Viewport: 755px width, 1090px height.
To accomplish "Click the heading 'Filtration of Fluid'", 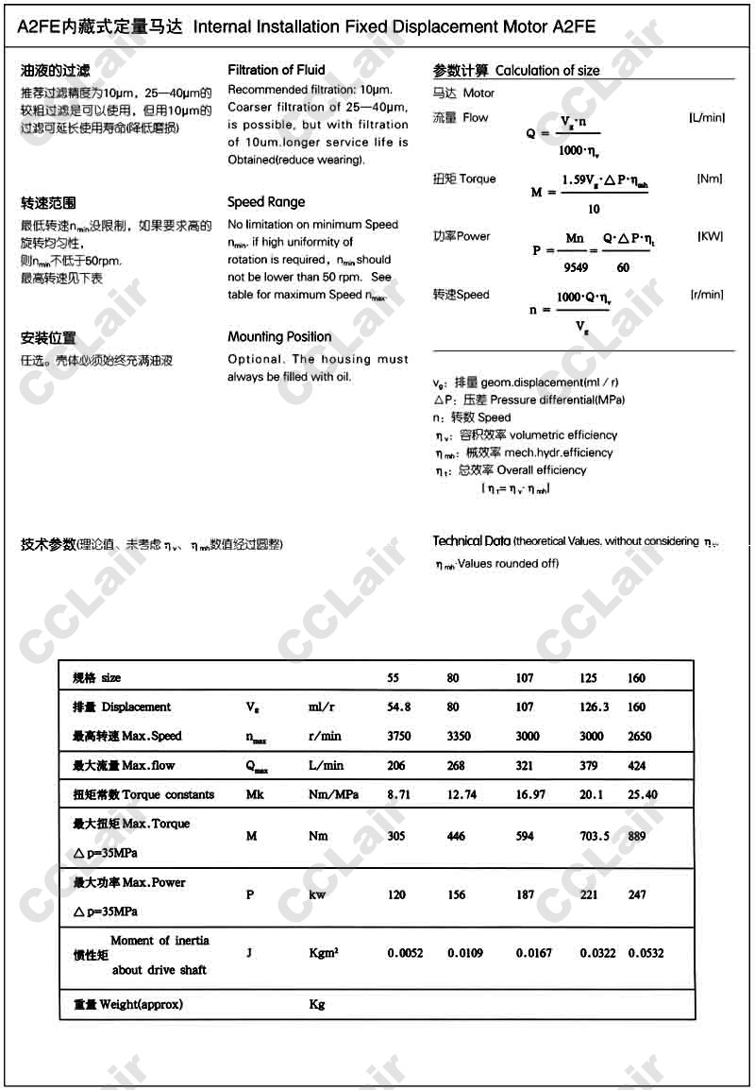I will point(277,70).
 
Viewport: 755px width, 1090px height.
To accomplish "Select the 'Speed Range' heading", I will point(266,202).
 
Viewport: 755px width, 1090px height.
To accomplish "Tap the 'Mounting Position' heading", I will point(279,337).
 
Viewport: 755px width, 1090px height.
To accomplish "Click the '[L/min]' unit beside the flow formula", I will point(706,117).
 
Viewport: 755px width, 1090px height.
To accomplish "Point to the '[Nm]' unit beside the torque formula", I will point(709,179).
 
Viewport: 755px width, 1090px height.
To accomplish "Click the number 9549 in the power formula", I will point(576,267).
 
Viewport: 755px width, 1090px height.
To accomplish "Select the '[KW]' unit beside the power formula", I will point(710,236).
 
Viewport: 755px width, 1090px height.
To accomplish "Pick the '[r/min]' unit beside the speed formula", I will point(707,295).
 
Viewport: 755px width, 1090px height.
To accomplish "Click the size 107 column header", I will point(525,678).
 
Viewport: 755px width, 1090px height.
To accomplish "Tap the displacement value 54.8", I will point(399,707).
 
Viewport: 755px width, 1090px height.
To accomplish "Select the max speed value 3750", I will point(400,737).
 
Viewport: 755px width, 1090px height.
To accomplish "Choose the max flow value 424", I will point(637,766).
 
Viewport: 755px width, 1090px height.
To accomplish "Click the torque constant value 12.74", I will point(462,795).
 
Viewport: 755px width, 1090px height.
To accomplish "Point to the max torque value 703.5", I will point(595,836).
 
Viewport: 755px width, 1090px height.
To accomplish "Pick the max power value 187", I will point(525,894).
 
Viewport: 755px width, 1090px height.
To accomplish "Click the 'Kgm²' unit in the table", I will point(323,954).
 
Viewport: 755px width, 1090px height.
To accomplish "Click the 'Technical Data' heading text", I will point(471,541).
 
